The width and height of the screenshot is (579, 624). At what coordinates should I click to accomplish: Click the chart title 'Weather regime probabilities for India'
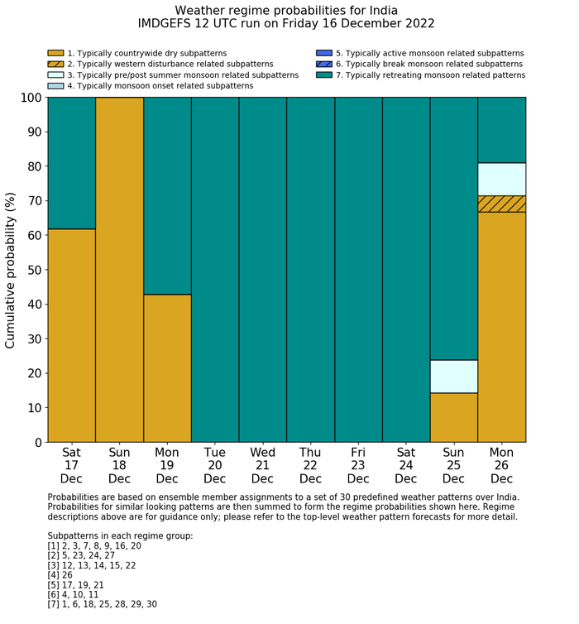(286, 10)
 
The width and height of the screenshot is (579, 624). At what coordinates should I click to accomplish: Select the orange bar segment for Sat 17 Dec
(71, 335)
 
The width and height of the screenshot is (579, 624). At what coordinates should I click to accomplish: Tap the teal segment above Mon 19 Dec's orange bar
(167, 195)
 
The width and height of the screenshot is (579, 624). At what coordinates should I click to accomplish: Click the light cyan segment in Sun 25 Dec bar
(454, 377)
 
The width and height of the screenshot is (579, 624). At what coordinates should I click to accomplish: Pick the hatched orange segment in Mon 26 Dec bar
(502, 204)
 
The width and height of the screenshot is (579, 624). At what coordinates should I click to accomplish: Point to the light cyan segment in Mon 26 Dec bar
(502, 180)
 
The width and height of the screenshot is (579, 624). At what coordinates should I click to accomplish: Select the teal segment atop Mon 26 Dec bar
(502, 130)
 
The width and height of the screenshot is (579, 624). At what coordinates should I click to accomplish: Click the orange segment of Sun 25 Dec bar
(454, 417)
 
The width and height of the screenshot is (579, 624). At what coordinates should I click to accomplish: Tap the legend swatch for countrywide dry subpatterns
(55, 53)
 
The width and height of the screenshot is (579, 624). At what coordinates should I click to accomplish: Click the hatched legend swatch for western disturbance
(55, 64)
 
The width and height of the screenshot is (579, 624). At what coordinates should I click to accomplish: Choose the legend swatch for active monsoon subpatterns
(323, 53)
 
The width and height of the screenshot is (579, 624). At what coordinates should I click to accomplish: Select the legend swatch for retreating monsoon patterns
(323, 74)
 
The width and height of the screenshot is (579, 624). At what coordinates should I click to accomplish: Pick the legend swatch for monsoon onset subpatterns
(55, 85)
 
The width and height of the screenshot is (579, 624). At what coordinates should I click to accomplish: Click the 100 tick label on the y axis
(27, 98)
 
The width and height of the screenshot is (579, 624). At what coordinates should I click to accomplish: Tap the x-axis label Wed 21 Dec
(262, 466)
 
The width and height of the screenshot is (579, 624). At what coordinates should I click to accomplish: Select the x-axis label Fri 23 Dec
(358, 466)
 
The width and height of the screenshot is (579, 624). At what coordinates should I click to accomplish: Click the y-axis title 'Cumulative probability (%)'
(11, 270)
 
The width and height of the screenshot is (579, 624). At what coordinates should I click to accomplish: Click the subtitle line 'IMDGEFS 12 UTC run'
(286, 24)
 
